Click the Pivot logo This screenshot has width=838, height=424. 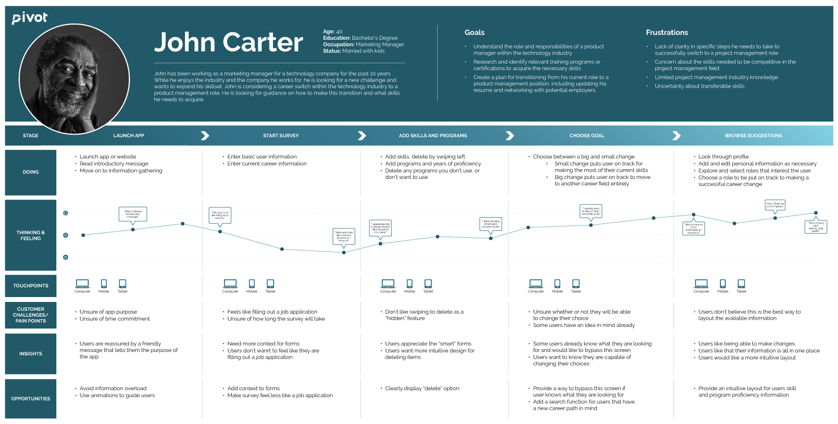[30, 18]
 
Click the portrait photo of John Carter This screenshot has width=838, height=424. [74, 78]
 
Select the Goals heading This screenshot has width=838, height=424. [474, 32]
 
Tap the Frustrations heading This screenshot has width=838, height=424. [666, 32]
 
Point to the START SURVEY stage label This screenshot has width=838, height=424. [281, 136]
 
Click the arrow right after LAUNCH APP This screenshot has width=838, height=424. [205, 136]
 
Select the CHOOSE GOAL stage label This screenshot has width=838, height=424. [587, 136]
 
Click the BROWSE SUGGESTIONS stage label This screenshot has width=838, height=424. [753, 136]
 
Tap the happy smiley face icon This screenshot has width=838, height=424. [66, 213]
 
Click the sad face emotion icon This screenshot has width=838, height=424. [66, 257]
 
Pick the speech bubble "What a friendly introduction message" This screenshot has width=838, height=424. [133, 214]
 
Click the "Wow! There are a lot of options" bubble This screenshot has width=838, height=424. [775, 205]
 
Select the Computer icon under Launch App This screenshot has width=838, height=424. [82, 284]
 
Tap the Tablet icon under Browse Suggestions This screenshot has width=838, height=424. [741, 284]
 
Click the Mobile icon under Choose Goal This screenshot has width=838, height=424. [557, 284]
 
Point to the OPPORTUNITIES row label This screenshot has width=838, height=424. [30, 399]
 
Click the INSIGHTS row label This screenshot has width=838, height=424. [30, 353]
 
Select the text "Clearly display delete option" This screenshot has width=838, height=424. [422, 388]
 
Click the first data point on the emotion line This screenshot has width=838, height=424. [83, 235]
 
